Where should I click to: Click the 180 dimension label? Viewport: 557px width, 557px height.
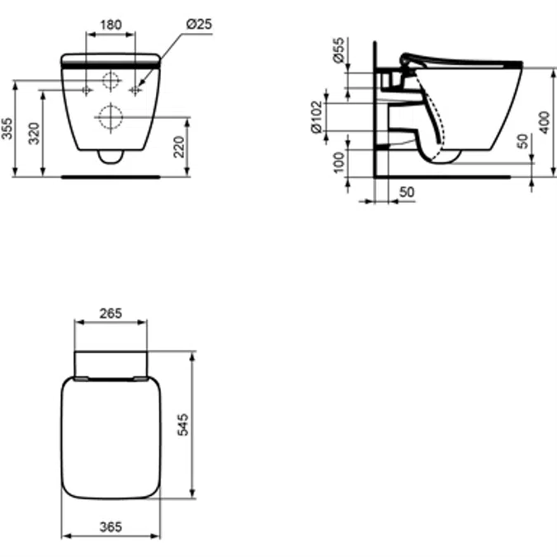pyautogui.click(x=111, y=25)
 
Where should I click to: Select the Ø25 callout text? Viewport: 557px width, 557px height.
pyautogui.click(x=199, y=24)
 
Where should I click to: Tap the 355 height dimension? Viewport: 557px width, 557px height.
pyautogui.click(x=7, y=128)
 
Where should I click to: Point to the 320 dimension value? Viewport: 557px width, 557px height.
pyautogui.click(x=34, y=133)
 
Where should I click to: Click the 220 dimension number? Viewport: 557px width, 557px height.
pyautogui.click(x=179, y=147)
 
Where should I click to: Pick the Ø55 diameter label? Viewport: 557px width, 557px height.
pyautogui.click(x=339, y=50)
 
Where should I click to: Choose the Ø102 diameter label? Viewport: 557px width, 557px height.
pyautogui.click(x=317, y=117)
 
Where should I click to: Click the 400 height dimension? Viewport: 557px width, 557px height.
pyautogui.click(x=545, y=123)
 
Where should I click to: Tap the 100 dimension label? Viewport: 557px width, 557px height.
pyautogui.click(x=340, y=163)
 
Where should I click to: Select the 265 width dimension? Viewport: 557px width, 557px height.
pyautogui.click(x=111, y=314)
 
